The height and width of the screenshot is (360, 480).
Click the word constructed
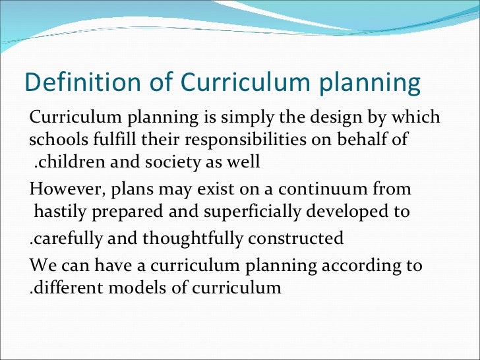tap(303, 238)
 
